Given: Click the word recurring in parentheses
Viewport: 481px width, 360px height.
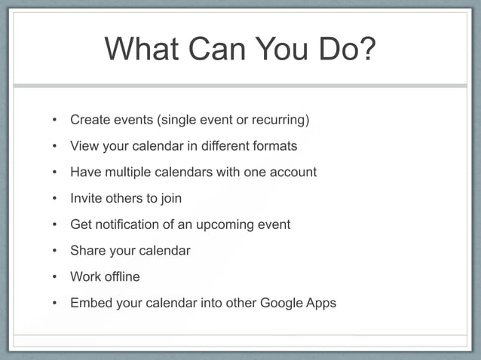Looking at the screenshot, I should click(282, 120).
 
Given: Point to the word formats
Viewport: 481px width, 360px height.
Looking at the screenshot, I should click(274, 146).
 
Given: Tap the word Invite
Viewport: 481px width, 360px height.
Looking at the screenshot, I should click(87, 199).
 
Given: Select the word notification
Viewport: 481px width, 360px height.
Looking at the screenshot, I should click(128, 224).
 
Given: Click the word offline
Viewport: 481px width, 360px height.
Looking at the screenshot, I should click(121, 277).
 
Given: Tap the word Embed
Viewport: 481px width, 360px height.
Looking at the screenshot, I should click(89, 304).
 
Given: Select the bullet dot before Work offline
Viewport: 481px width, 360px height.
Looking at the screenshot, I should click(54, 277).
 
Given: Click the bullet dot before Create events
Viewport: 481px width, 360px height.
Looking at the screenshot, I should click(54, 120).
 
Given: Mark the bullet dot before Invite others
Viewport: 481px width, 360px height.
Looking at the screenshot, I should click(54, 199).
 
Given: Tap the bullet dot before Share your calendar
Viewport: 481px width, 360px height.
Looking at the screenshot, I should click(54, 251).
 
